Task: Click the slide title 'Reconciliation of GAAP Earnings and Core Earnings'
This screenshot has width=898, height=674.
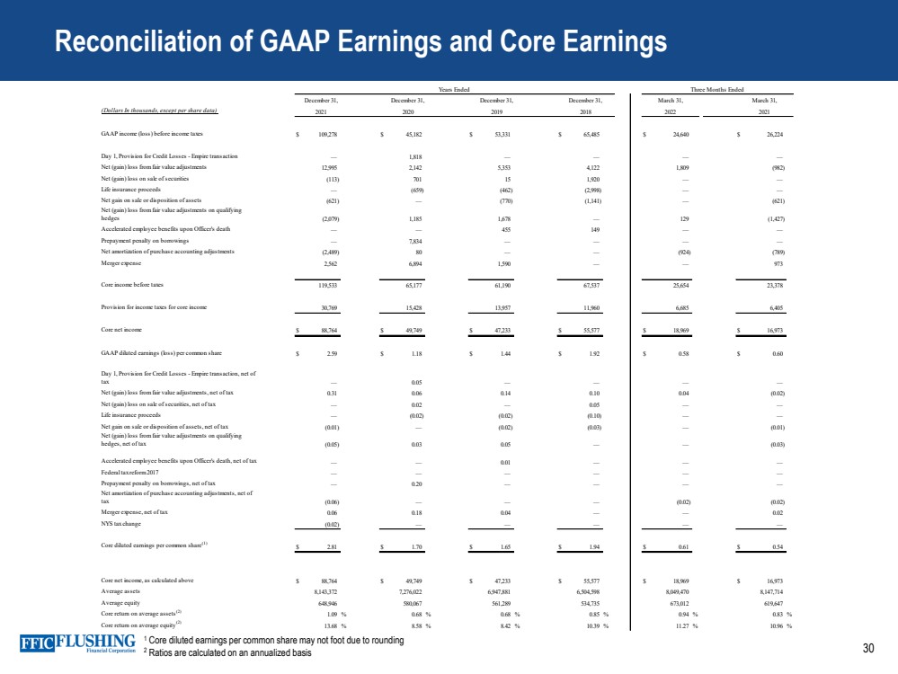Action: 360,41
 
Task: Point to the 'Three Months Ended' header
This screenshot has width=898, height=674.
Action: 716,89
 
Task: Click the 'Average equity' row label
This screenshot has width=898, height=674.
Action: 122,604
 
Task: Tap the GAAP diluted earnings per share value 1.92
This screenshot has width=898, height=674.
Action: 593,354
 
